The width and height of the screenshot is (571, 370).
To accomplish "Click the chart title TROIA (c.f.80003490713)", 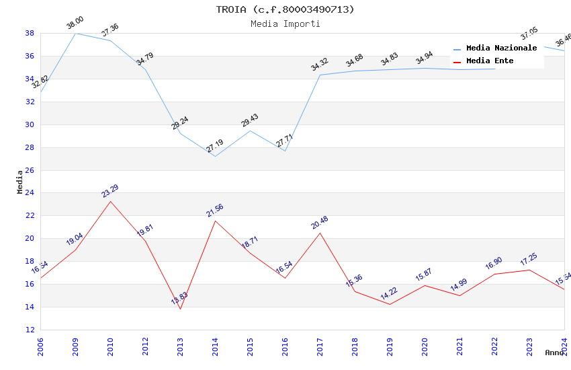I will coord(285,9).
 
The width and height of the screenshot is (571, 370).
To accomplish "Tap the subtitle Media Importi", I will coord(285,24).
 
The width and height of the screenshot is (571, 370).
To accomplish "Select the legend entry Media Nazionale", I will coord(501,48).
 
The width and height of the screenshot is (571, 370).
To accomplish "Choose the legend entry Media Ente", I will coord(490,61).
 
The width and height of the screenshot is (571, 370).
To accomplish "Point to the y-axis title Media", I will coord(20,182).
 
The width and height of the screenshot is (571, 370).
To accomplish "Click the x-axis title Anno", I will coord(554,353).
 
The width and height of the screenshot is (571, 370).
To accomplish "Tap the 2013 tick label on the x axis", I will coord(180,344).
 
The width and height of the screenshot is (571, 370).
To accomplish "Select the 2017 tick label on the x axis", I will coord(320,344).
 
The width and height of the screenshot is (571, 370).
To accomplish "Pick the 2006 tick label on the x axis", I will coord(40,344).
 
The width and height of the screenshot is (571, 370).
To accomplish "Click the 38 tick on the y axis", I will coord(30,33).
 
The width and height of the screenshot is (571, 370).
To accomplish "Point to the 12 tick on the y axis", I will coord(30,330).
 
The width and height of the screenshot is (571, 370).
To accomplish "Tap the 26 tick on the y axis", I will coord(30,170).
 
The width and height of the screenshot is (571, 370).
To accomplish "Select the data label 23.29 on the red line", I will coord(110,192).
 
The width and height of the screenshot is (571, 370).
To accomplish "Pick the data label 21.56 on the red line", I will coord(215,211).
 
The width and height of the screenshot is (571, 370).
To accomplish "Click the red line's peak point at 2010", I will coord(110,201).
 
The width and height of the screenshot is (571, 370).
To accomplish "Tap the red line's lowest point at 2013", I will coord(180,309).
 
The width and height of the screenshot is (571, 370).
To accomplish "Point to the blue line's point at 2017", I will coord(320,75).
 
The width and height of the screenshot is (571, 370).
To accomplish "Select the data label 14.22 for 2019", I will coord(390,295).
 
